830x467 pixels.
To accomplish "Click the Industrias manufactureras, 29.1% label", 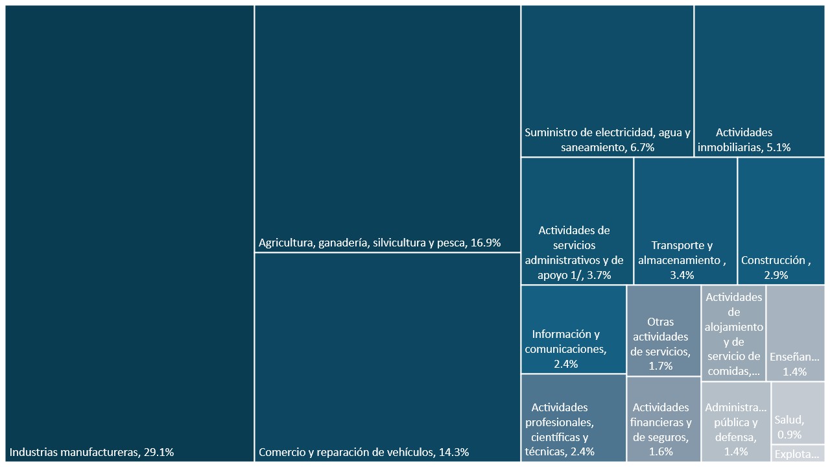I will click(91, 452).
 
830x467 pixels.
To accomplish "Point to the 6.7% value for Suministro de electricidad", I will click(641, 147).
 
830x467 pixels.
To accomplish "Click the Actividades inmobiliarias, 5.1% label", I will click(744, 140).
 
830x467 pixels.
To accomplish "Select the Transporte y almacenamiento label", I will click(682, 253).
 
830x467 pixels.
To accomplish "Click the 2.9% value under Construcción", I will click(776, 275).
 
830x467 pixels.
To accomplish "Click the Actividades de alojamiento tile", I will click(733, 333).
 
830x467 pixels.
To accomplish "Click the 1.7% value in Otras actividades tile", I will click(661, 366).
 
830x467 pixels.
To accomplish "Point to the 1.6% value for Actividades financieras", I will click(661, 451).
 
